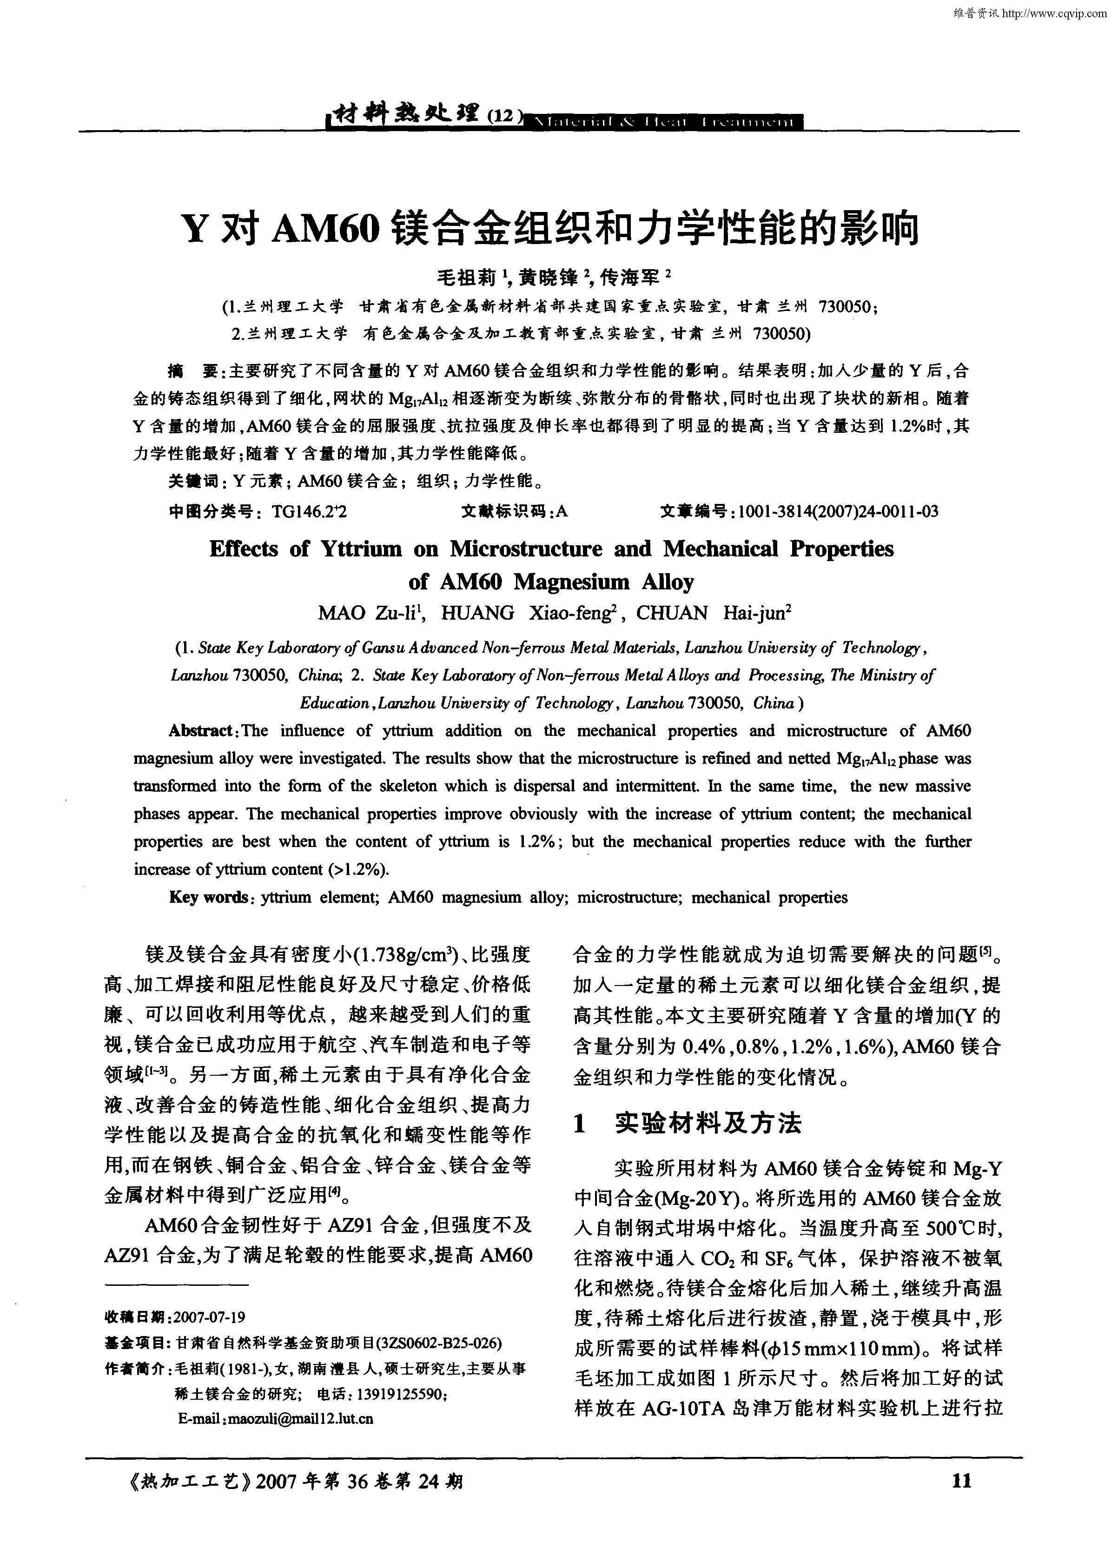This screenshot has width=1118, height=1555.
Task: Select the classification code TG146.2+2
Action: (309, 511)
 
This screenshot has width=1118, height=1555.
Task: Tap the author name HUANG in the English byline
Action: (476, 613)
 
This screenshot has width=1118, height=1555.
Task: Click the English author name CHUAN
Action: (672, 613)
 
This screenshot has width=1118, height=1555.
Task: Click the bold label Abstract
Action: (202, 731)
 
